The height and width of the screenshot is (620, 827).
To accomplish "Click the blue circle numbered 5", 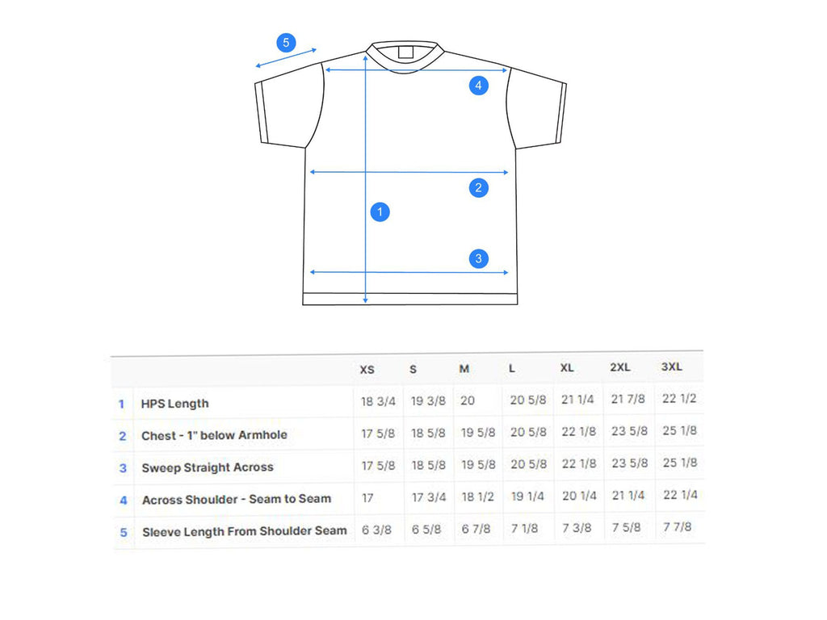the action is pos(286,43).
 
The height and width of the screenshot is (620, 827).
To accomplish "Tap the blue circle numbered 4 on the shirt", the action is pos(478,86).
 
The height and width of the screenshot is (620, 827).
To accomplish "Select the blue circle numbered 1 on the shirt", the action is pos(380,212).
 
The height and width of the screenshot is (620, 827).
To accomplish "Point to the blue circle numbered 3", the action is pos(478,258).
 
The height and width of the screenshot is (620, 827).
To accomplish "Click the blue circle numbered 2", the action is pos(478,187).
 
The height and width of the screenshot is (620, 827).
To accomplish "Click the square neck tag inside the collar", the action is pos(405,52).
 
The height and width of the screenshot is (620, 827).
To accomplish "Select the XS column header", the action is pos(367,370).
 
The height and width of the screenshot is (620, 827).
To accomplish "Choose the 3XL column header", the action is pos(672,367).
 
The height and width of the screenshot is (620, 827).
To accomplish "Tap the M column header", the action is pos(464,369).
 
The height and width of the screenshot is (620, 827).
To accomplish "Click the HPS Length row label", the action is pos(175,404).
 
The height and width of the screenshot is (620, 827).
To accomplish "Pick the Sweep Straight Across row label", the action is pos(208,467).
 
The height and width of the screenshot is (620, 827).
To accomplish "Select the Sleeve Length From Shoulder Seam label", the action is pos(245,531).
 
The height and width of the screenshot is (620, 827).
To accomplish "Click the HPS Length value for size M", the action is pos(468,400).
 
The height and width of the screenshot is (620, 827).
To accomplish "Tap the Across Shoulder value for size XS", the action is pos(367,497).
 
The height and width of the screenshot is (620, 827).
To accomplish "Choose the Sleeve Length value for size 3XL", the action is pos(678,526).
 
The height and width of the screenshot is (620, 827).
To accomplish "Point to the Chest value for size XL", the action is pos(578,432).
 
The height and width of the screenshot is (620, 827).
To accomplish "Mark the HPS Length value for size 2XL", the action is pos(628,399).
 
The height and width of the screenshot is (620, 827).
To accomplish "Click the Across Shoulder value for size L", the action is pos(527,496).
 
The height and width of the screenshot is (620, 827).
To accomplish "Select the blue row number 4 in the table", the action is pos(124,501).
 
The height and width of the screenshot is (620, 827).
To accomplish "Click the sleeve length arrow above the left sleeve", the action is pos(286,58).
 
